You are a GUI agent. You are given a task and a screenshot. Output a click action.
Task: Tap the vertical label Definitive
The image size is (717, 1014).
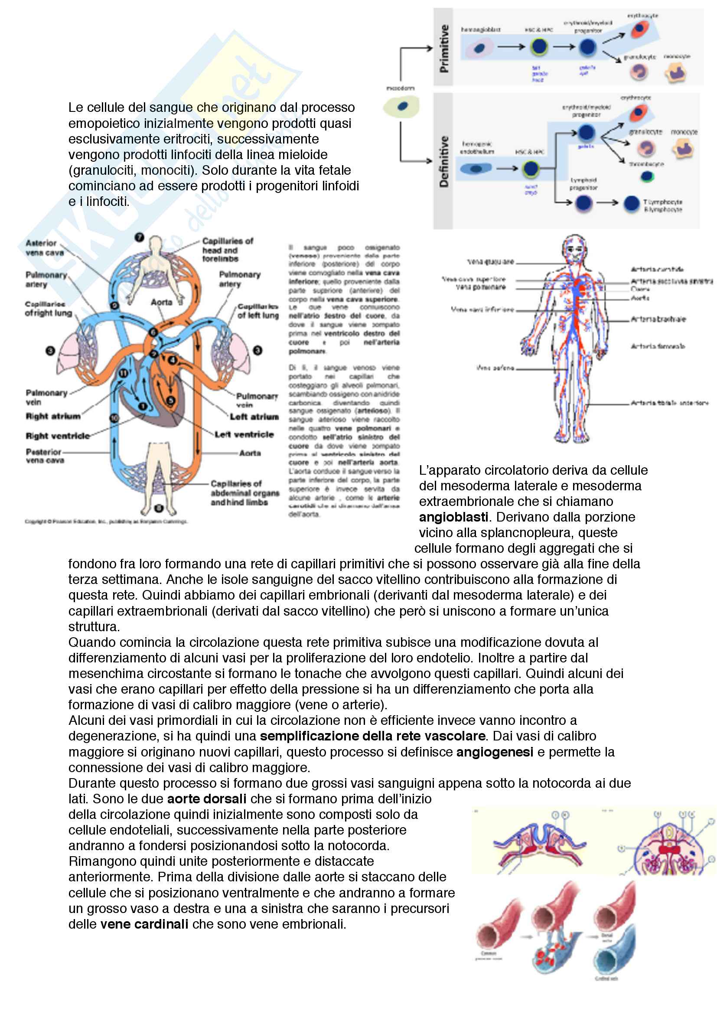coord(444,161)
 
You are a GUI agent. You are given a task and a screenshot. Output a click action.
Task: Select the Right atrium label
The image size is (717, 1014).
coord(53,417)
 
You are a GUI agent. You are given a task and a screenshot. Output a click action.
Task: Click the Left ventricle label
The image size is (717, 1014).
coord(244,434)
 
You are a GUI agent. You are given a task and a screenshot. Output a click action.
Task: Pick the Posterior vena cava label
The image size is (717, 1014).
coord(45,456)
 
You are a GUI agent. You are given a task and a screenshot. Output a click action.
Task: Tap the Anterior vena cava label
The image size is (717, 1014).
coord(44,248)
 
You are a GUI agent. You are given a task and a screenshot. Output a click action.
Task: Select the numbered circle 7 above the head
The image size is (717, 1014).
coord(140,237)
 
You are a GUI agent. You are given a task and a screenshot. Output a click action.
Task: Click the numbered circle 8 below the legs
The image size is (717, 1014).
coord(159,509)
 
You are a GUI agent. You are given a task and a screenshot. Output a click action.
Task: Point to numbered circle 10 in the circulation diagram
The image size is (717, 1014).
coord(114,418)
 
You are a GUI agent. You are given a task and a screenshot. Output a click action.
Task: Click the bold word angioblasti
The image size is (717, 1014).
coord(453,517)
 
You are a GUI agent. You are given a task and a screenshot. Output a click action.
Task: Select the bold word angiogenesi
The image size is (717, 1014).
coord(495,752)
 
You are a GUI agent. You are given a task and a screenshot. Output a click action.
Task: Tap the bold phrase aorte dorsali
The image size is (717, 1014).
coord(207,799)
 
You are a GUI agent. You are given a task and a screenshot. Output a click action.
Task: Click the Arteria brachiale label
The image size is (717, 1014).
coord(658,320)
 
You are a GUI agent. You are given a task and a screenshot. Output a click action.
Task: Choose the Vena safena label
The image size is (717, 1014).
coord(495,368)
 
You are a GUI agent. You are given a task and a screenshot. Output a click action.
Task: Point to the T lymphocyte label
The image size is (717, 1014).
coord(662,202)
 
